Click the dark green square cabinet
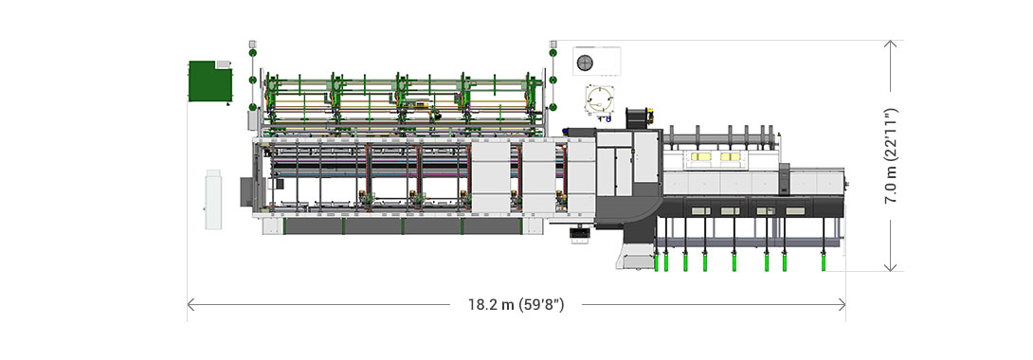(x=210, y=81)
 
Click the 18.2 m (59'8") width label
(x=516, y=304)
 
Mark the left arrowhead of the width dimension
(x=191, y=304)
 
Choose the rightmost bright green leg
(x=824, y=260)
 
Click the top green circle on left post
(x=252, y=55)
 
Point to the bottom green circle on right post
(x=553, y=105)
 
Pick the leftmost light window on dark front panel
(x=698, y=210)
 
